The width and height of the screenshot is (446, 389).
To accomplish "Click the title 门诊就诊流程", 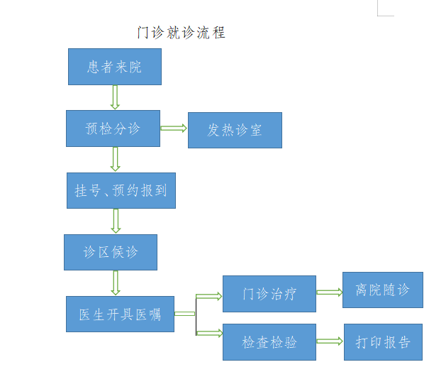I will (181, 33).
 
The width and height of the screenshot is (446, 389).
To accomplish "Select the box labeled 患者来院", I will (115, 67).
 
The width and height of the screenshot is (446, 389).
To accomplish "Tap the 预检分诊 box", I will (113, 128).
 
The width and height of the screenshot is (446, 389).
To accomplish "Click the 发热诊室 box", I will (235, 130).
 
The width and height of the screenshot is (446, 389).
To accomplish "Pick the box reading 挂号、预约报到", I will (121, 190).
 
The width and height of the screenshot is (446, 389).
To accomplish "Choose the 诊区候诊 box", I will (111, 252).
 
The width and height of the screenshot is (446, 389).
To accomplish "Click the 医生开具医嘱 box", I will (120, 314).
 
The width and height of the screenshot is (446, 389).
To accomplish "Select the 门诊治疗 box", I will (269, 294).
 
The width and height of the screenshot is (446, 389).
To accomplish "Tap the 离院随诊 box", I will (382, 290).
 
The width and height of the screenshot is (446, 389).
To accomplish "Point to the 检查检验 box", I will (269, 342).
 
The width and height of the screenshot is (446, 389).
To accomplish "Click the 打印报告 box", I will (383, 342).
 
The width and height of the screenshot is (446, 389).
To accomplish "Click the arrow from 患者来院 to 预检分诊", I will (115, 97).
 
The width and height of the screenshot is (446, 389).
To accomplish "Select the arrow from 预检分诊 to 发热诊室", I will (174, 128).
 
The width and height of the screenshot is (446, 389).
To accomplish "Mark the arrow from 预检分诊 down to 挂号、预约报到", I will (115, 159).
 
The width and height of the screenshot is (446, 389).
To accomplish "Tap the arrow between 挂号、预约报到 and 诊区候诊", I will (116, 221).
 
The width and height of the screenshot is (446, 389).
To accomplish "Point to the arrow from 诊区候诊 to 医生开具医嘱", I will (116, 283).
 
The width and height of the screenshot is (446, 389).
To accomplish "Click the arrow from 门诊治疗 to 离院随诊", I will (330, 292).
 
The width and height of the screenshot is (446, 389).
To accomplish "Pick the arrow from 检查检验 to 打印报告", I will (330, 341).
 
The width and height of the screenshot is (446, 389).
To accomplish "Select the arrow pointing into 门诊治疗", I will (209, 297).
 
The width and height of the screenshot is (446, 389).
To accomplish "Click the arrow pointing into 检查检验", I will (209, 332).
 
